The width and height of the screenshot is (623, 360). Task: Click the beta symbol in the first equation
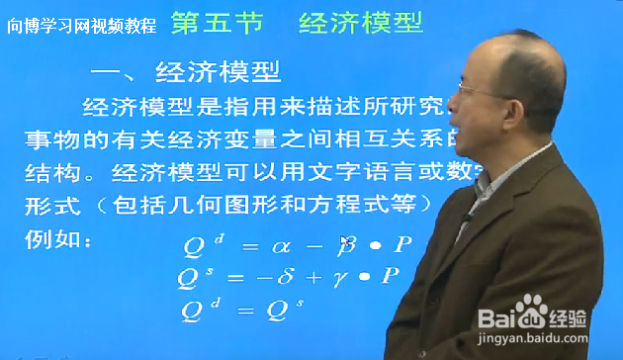pos(348,244)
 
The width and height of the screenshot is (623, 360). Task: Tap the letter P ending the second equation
pos(393,276)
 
